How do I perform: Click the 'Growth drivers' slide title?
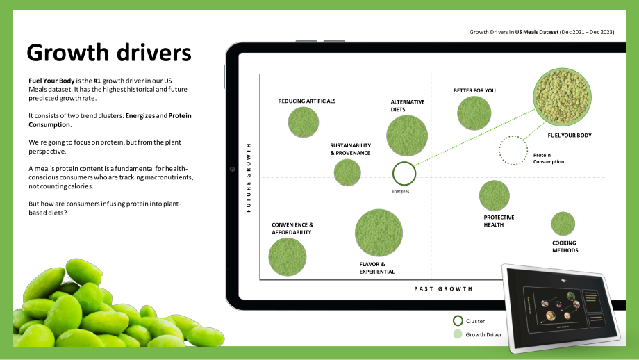click(109, 53)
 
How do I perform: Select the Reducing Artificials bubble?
click(304, 122)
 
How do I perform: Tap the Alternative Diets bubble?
click(407, 136)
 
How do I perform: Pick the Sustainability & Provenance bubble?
click(347, 172)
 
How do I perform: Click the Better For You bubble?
click(474, 113)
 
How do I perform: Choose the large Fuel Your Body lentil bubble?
click(562, 97)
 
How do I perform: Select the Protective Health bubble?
click(495, 196)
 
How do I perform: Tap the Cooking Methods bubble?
click(563, 224)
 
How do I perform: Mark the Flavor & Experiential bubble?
click(379, 233)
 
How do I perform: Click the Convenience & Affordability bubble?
click(288, 257)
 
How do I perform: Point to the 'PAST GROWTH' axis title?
click(443, 288)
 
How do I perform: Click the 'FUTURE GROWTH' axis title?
click(249, 177)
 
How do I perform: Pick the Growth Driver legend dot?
click(458, 334)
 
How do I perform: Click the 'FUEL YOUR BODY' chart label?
click(570, 136)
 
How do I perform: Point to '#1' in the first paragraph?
click(97, 81)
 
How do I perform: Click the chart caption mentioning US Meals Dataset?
click(542, 32)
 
